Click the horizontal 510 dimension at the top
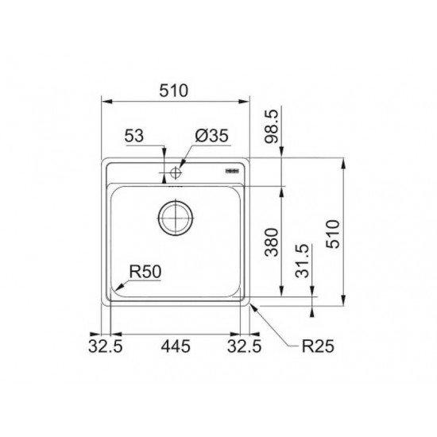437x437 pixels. (x=174, y=91)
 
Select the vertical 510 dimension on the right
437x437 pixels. (x=334, y=234)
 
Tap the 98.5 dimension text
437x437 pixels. (x=272, y=126)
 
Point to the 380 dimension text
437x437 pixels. (x=272, y=242)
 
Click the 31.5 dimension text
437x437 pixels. (x=303, y=261)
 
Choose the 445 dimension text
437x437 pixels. (x=176, y=346)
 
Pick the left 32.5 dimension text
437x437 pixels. (x=106, y=346)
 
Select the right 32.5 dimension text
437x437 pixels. (x=244, y=346)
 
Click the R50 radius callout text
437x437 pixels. (x=145, y=272)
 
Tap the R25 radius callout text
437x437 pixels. (x=318, y=346)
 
